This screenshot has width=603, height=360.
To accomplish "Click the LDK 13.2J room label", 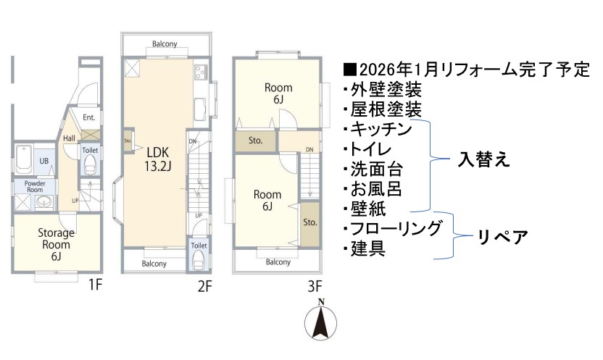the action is click(x=158, y=159).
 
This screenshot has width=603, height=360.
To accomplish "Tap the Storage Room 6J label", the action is click(x=56, y=244).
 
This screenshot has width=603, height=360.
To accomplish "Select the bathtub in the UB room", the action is click(x=23, y=159).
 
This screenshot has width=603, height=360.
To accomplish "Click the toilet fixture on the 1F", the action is click(x=91, y=164).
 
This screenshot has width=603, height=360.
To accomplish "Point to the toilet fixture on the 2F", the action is click(x=199, y=260).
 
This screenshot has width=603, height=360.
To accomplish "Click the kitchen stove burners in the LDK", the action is click(x=201, y=72).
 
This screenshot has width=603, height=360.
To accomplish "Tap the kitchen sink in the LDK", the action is click(x=200, y=109).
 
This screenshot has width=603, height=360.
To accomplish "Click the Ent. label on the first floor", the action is click(x=89, y=117).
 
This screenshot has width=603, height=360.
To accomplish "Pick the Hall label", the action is click(x=70, y=138).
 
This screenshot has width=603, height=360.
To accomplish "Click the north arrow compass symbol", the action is click(x=321, y=320).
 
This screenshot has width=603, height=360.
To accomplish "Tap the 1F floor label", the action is click(x=95, y=285).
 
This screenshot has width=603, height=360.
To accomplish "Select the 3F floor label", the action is click(x=315, y=285).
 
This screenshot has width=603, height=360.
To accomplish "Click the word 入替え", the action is click(x=484, y=159).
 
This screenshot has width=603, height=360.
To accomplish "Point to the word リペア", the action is click(x=503, y=236).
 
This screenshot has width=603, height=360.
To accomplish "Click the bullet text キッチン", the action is click(x=380, y=129).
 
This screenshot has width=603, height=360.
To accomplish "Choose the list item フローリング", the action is click(x=396, y=228).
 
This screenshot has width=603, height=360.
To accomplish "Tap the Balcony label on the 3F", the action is click(x=278, y=262).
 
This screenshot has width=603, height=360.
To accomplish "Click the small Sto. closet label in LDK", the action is click(x=128, y=141).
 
